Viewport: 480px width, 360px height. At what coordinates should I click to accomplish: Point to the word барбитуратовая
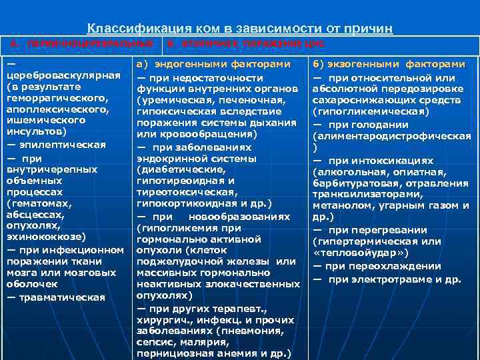point(354,184)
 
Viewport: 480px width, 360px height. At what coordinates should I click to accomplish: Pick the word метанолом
point(339,207)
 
